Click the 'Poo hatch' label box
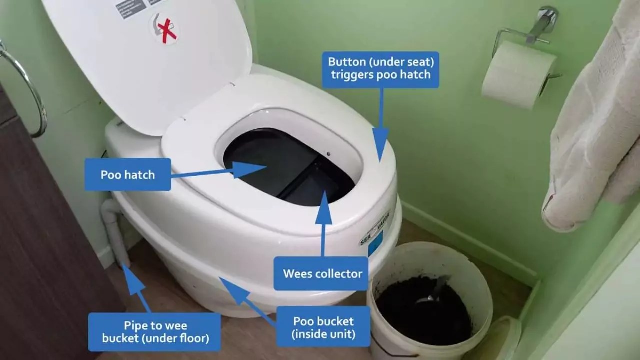128,175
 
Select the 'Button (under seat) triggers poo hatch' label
380,70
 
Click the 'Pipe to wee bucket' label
155,332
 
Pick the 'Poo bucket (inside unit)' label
323,327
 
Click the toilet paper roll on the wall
517,75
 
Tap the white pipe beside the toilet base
114,230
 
